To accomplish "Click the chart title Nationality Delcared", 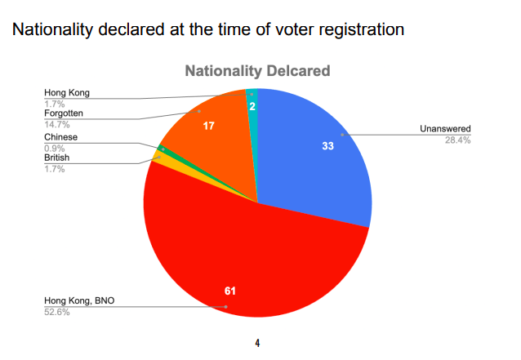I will [x=257, y=71].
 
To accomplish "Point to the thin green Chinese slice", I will [x=163, y=148].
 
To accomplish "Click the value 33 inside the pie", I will [x=327, y=146].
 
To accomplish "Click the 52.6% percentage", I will [x=57, y=312].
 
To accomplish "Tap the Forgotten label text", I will [x=64, y=113].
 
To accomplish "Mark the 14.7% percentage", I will [x=57, y=124].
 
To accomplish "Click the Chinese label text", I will [x=60, y=137].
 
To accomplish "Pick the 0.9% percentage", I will [x=55, y=148].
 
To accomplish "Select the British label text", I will [x=57, y=158].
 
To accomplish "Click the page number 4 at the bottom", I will [x=257, y=342].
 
